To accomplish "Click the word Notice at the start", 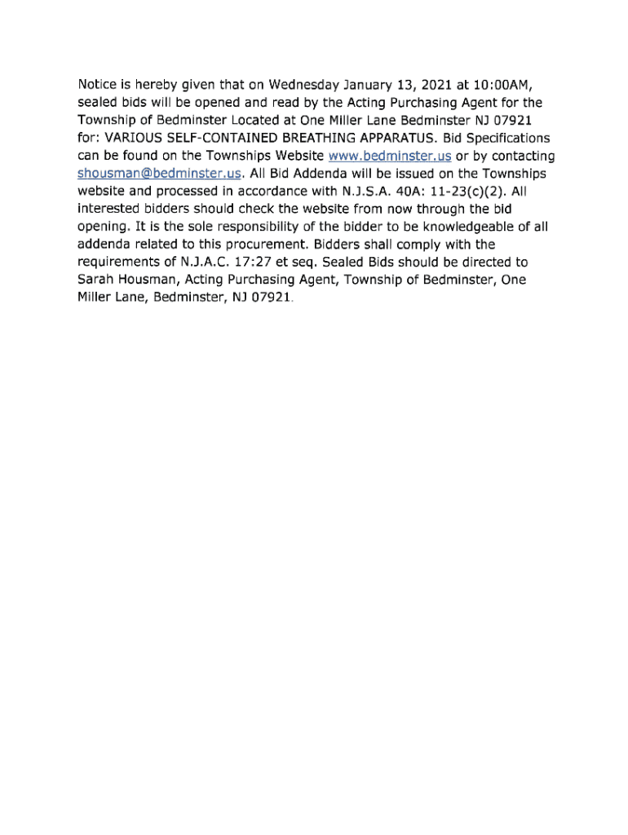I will (97, 85).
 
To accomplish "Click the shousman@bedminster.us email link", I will (160, 174).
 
